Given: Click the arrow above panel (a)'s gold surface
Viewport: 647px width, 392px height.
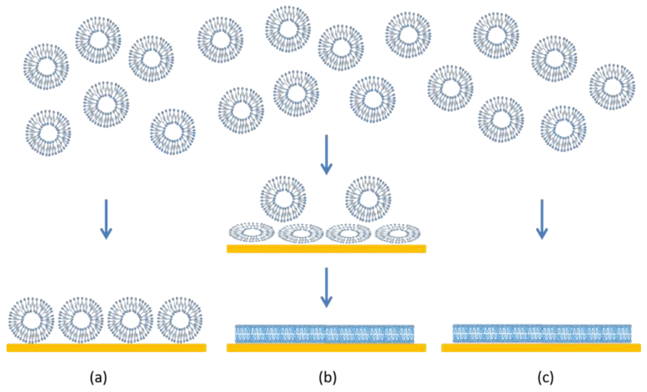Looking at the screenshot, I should click(106, 219).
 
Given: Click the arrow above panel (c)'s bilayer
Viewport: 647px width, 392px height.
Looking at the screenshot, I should click(542, 219).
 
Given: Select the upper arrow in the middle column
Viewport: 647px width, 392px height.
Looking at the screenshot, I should click(326, 155).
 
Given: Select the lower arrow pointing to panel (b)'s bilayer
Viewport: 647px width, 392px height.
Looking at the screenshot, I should click(326, 287).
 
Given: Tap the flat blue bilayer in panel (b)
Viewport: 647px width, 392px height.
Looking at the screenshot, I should click(325, 334).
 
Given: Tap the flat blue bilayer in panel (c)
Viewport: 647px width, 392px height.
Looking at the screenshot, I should click(542, 334).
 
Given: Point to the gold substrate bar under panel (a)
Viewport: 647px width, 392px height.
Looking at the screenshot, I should click(106, 348).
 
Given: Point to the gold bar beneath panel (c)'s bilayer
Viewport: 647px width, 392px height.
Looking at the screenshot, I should click(541, 348).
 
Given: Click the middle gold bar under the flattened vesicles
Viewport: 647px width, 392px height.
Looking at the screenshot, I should click(326, 249).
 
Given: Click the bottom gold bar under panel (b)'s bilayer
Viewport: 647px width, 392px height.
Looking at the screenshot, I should click(326, 348).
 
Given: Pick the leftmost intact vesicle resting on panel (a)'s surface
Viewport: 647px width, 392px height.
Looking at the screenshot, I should click(31, 320).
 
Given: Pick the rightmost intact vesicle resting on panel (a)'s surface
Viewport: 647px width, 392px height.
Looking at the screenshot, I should click(180, 320).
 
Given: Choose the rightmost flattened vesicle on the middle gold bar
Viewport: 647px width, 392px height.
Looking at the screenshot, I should click(398, 233).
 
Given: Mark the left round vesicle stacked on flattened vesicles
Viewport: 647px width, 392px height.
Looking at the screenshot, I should click(283, 199).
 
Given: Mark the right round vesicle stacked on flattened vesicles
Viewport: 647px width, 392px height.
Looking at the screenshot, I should click(368, 199).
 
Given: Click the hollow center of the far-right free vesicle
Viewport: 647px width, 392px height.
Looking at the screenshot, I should click(612, 87).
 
